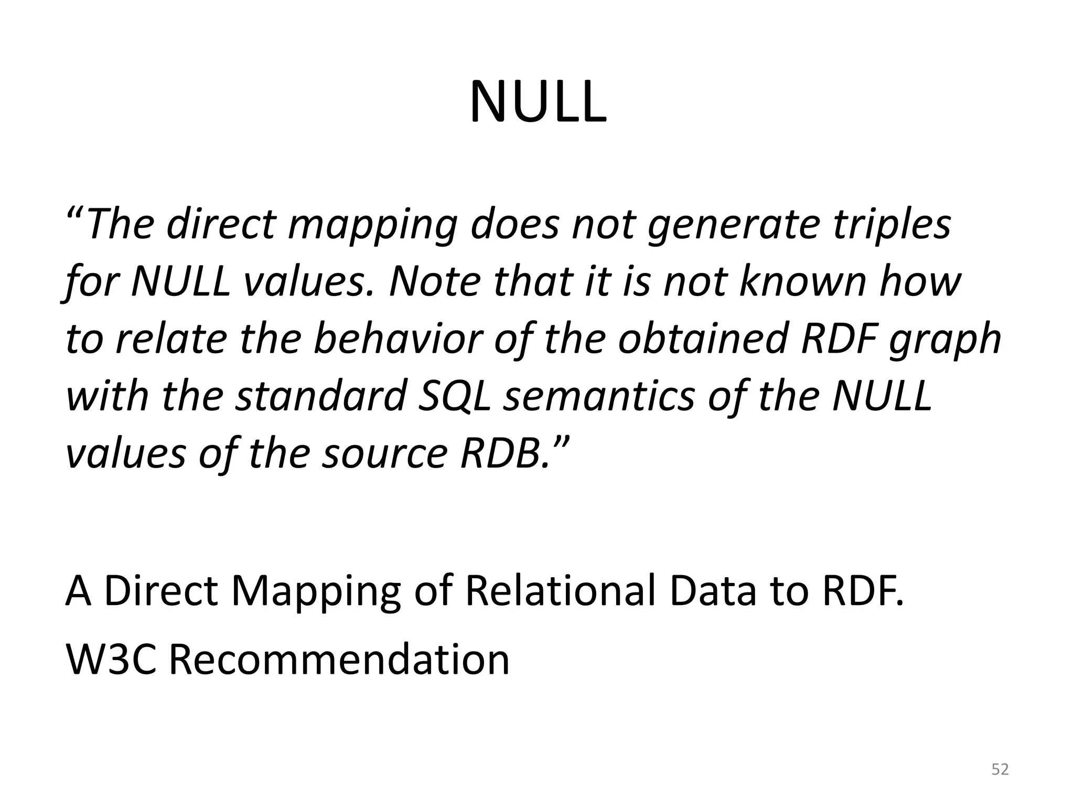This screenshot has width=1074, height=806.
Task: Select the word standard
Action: tap(321, 396)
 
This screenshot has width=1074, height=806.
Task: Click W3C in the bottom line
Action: tap(111, 659)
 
